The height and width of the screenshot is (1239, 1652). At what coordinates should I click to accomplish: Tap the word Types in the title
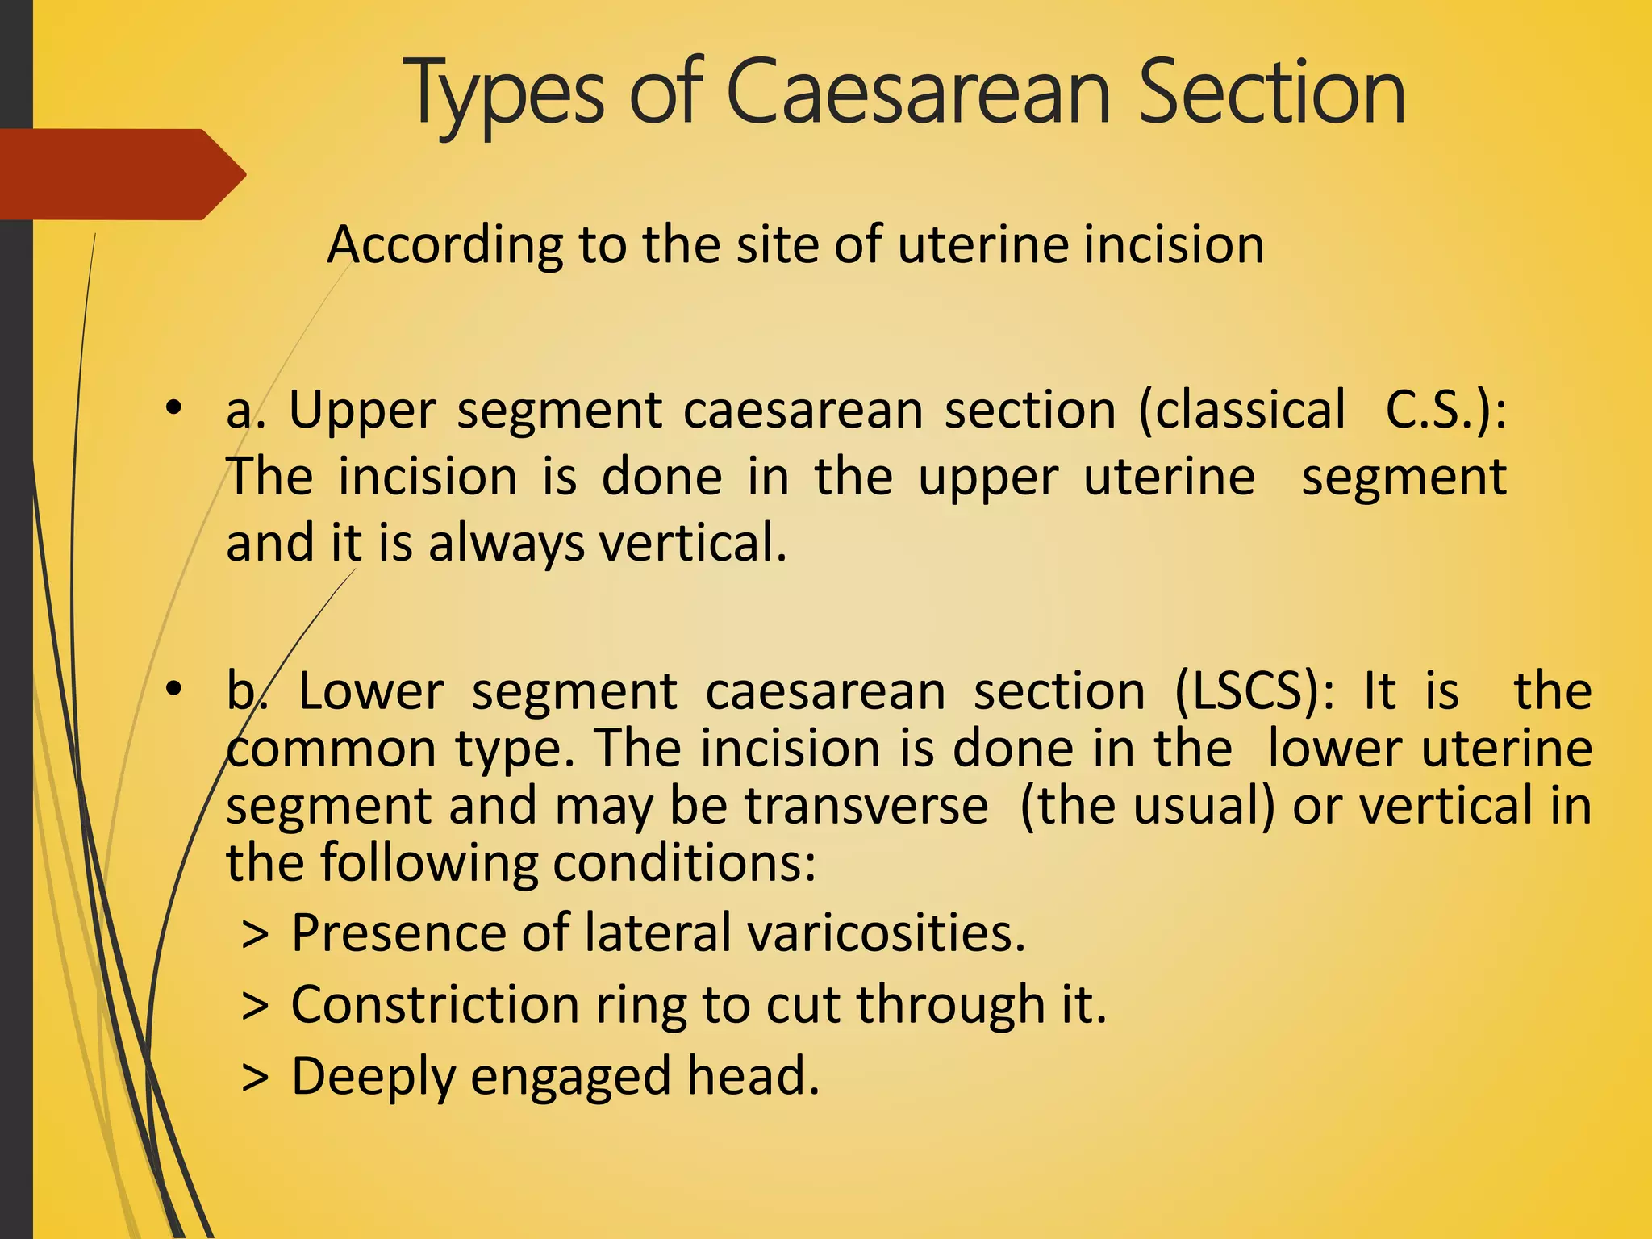pyautogui.click(x=507, y=95)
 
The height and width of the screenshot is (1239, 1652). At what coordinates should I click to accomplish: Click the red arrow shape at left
pyautogui.click(x=121, y=174)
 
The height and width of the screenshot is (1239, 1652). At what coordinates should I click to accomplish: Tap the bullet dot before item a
pyautogui.click(x=173, y=409)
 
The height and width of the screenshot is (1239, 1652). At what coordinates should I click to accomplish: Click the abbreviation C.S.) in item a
pyautogui.click(x=1445, y=410)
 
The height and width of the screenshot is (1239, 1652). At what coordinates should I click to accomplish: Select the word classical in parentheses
pyautogui.click(x=1242, y=410)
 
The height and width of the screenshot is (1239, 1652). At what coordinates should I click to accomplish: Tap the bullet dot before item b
pyautogui.click(x=173, y=690)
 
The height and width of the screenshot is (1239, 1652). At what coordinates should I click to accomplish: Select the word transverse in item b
pyautogui.click(x=866, y=806)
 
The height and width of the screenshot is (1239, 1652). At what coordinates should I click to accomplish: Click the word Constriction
pyautogui.click(x=436, y=1005)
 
